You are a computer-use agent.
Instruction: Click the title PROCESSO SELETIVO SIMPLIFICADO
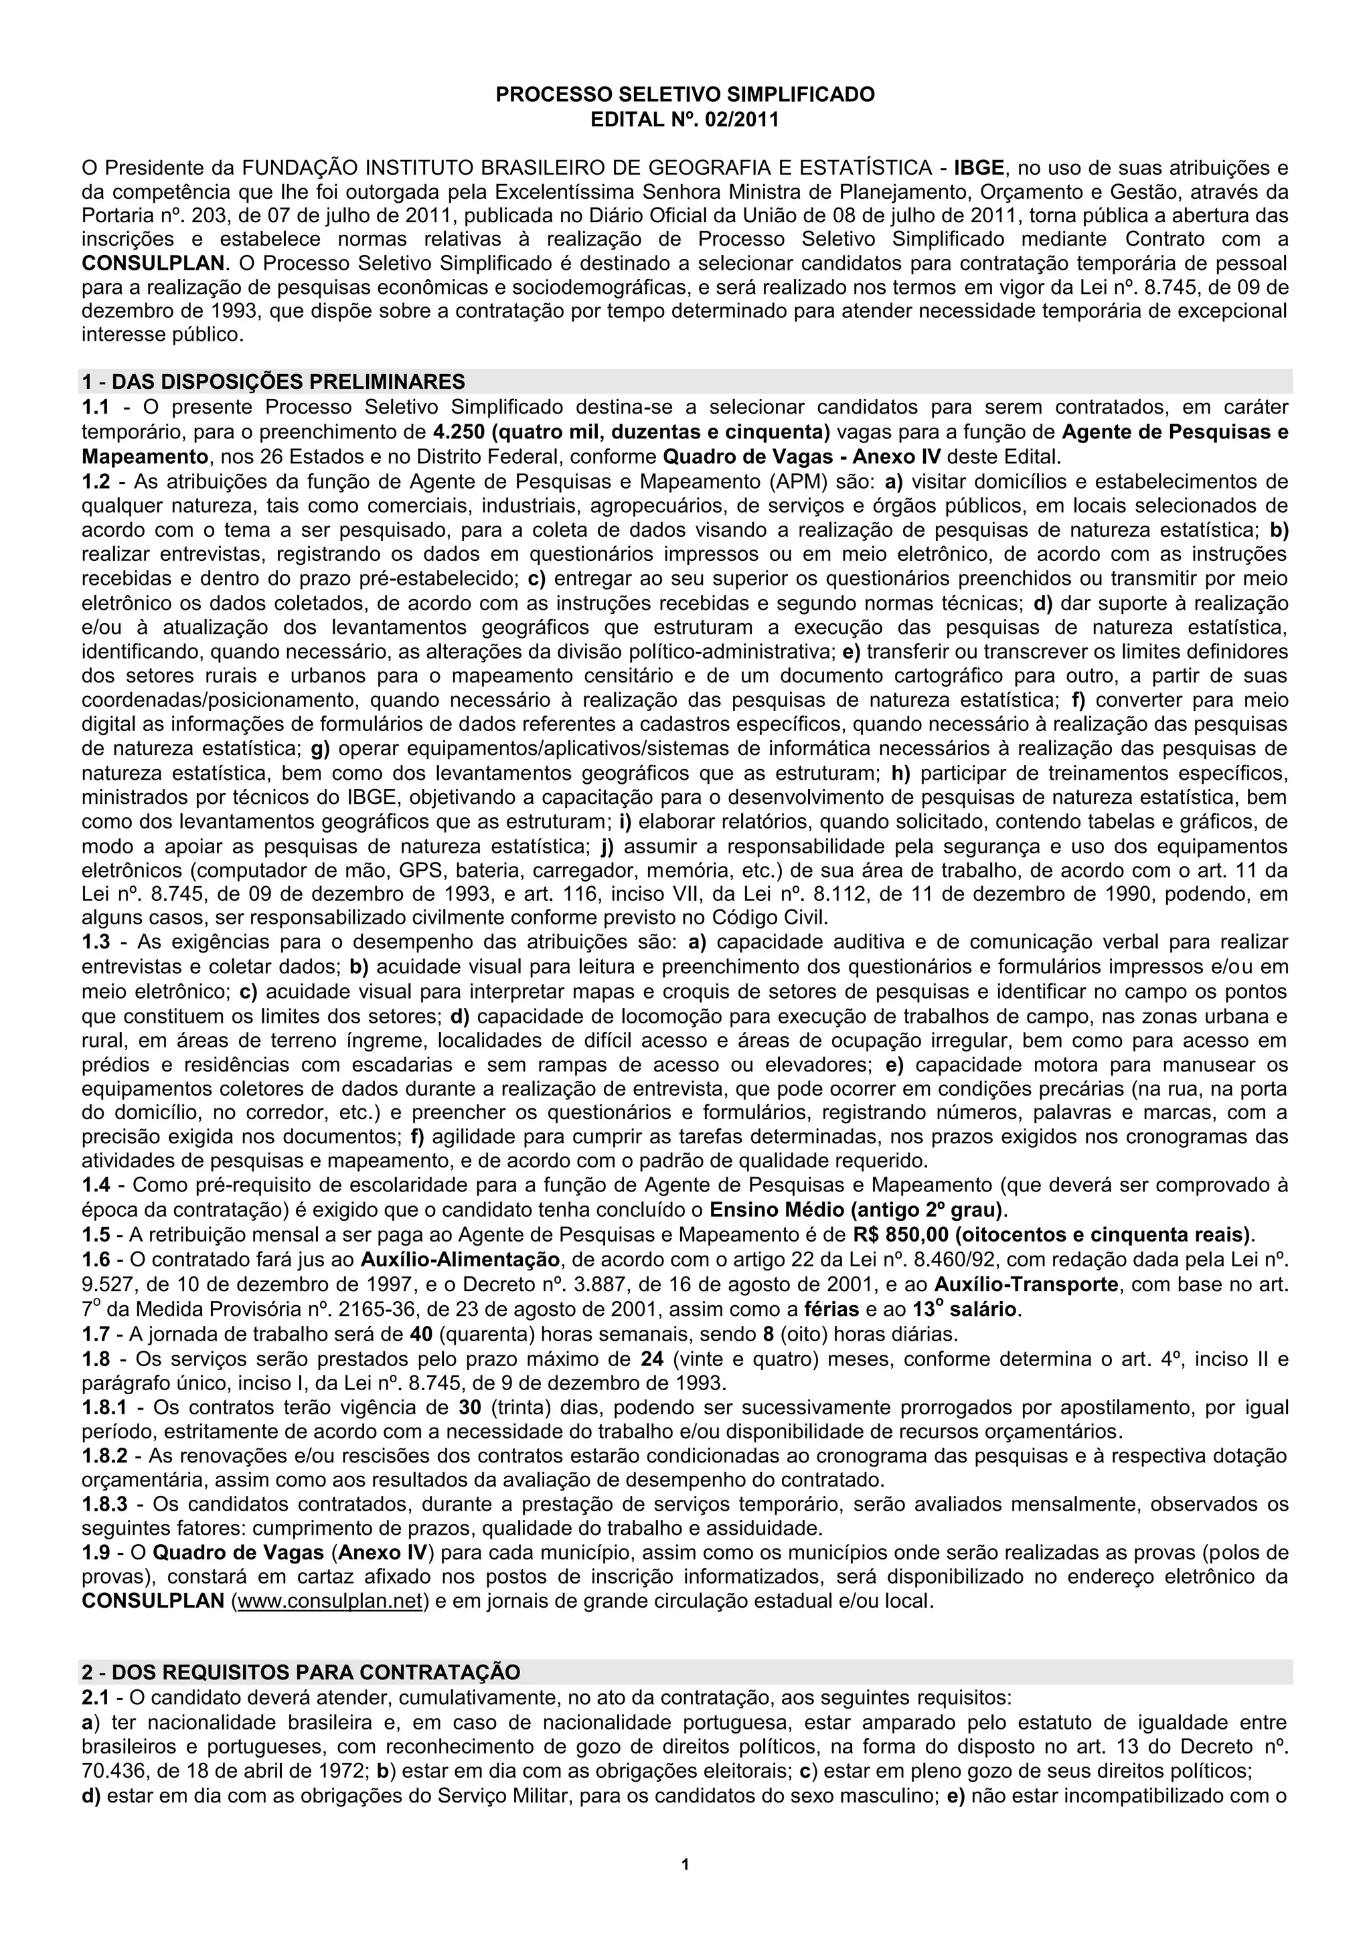click(x=685, y=94)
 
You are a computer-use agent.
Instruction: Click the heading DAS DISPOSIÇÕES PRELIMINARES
click(x=288, y=382)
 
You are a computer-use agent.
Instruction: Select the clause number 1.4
click(x=96, y=1185)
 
